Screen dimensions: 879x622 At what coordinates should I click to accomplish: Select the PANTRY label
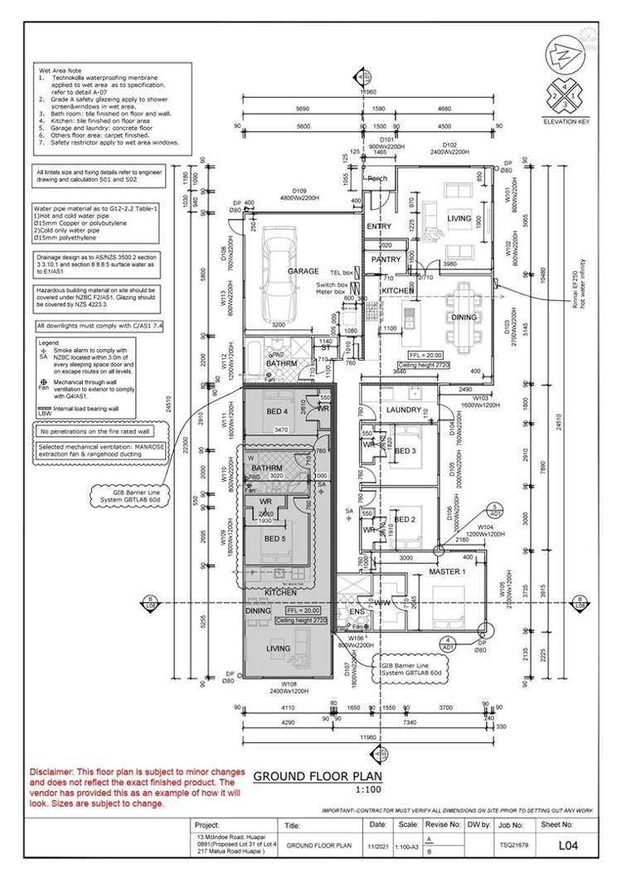coord(386,260)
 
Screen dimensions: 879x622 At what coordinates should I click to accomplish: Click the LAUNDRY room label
coord(405,410)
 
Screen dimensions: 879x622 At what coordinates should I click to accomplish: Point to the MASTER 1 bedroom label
coord(447,573)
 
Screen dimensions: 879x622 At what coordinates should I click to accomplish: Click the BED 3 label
coord(405,450)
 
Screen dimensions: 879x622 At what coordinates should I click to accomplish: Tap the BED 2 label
coord(404,520)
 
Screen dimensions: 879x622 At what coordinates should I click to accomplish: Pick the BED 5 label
coord(276,538)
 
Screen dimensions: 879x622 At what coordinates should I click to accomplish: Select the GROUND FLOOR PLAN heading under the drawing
coord(312,777)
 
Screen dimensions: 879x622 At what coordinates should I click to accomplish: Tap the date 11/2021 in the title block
coord(377,847)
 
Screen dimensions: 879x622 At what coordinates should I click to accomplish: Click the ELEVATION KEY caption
coord(563,121)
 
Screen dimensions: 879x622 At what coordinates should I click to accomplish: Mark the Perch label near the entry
coord(378,178)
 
